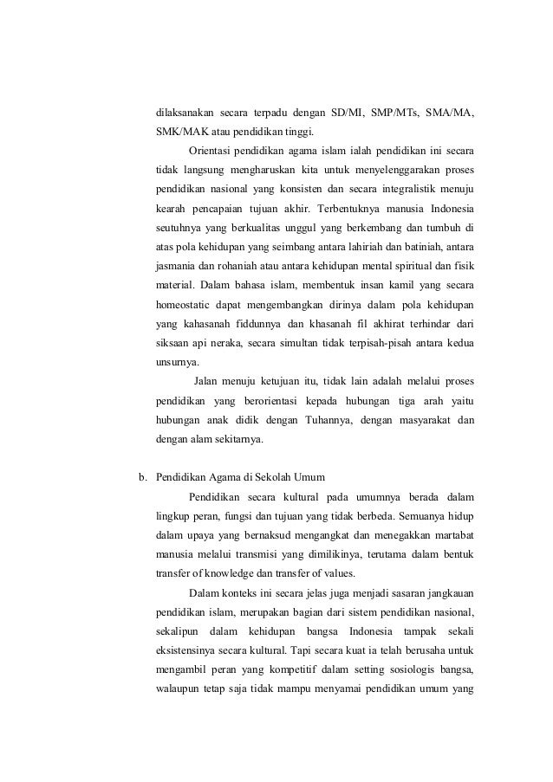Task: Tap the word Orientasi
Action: [211, 151]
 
